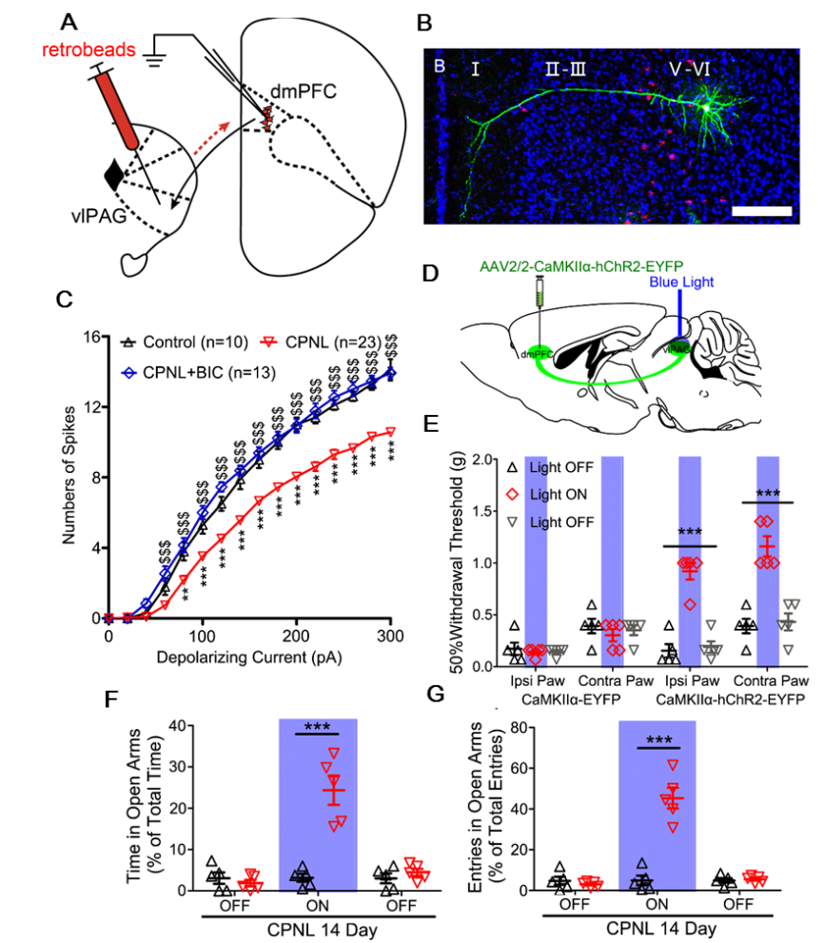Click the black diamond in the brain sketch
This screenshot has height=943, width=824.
114,174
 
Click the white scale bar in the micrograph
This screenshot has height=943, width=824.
762,207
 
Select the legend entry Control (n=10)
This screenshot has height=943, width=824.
182,341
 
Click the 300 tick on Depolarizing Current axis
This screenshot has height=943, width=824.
390,636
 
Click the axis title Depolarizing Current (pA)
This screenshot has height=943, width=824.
250,657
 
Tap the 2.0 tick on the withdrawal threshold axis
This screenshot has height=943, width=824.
480,460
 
